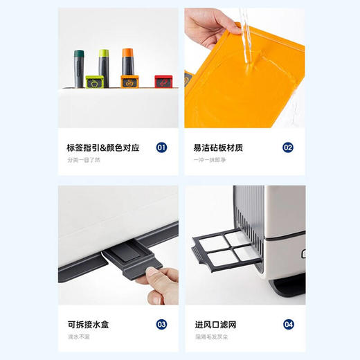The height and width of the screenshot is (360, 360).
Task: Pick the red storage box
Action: pos(163,81)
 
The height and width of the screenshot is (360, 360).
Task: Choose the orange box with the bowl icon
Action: pos(128,82)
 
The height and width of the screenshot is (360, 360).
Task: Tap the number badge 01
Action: pos(161,147)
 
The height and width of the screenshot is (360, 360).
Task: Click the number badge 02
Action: pos(288,147)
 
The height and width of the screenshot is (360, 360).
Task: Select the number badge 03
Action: pos(161,323)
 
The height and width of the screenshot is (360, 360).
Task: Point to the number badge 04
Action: pos(288,323)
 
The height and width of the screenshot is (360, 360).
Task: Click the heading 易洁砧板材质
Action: pos(217,147)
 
